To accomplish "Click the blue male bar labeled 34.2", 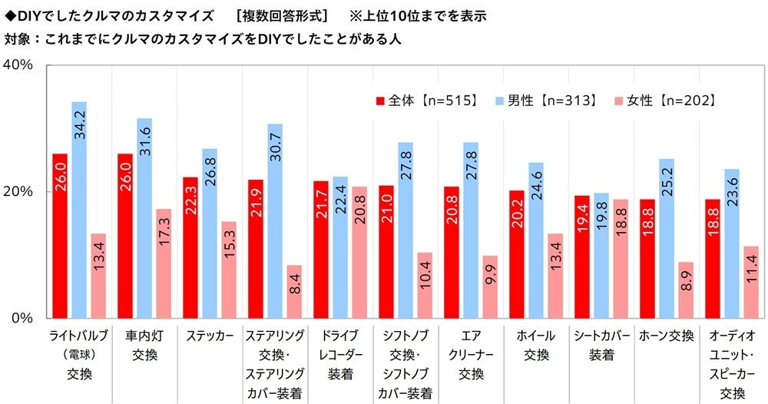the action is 79,210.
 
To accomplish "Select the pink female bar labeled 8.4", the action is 294,291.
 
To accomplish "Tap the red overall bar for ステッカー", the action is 190,247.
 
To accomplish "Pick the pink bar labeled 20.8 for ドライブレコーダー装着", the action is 359,252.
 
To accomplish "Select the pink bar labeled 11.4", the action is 751,282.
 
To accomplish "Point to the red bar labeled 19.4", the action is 582,257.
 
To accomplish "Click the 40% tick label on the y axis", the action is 18,65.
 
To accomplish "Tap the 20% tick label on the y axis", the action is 18,191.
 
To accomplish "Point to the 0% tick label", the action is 22,318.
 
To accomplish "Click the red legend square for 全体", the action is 380,101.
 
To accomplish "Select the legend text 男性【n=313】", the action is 553,101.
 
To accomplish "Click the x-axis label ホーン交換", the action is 667,336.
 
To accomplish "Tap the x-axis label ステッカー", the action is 210,336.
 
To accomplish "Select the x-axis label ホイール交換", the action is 536,345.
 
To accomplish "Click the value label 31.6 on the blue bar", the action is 145,141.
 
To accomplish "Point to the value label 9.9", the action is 490,273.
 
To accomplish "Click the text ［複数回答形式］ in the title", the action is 281,15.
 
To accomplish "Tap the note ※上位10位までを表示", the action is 418,15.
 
